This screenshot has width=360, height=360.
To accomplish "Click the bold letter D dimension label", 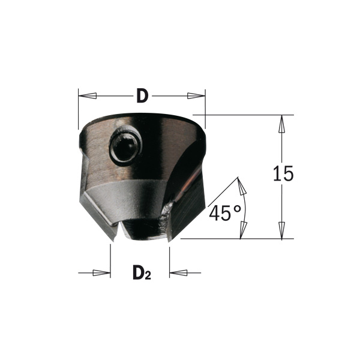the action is (142, 95).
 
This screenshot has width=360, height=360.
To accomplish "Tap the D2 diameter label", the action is (142, 272).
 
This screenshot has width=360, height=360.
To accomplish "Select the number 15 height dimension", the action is (283, 173).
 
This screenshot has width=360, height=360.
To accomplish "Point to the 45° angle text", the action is (225, 213).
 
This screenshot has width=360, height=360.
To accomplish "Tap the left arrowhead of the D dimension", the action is (88, 96).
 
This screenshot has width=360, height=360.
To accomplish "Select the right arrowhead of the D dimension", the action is (196, 96).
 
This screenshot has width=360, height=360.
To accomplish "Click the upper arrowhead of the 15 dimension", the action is (282, 124).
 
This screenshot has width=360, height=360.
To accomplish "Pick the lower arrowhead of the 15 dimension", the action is (282, 230).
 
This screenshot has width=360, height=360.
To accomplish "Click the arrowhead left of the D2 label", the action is (101, 273).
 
